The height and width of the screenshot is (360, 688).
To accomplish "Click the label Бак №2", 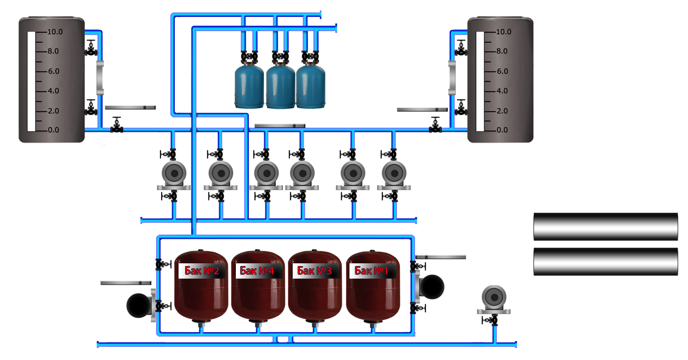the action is coord(202,270).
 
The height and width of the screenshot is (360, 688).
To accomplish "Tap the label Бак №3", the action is coord(315,270).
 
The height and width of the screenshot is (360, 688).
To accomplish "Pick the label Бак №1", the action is coord(372,270).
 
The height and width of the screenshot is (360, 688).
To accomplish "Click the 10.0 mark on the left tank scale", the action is coord(55,32).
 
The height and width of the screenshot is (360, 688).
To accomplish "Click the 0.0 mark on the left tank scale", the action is coord(54,130).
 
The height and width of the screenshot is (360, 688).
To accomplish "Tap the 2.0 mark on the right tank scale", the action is coord(502,111).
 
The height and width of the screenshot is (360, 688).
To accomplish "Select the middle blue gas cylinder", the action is coord(280,85).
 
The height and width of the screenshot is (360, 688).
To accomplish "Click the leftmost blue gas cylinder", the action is coord(249,85).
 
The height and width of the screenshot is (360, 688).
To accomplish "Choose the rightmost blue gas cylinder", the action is coord(311,85).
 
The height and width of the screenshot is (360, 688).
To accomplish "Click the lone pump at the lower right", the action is coord(494,300).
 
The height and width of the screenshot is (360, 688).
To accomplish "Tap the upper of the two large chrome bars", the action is coord(606,226).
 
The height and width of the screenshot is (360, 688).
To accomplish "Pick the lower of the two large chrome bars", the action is coord(606,262).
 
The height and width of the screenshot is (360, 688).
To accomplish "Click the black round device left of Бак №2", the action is coord(139,305).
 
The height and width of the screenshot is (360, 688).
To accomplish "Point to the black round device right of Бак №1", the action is coord(432,287).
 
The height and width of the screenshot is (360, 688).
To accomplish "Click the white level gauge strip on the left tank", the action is coord(31,81).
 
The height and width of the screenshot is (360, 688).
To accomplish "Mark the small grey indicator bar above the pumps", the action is coord(280,126).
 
